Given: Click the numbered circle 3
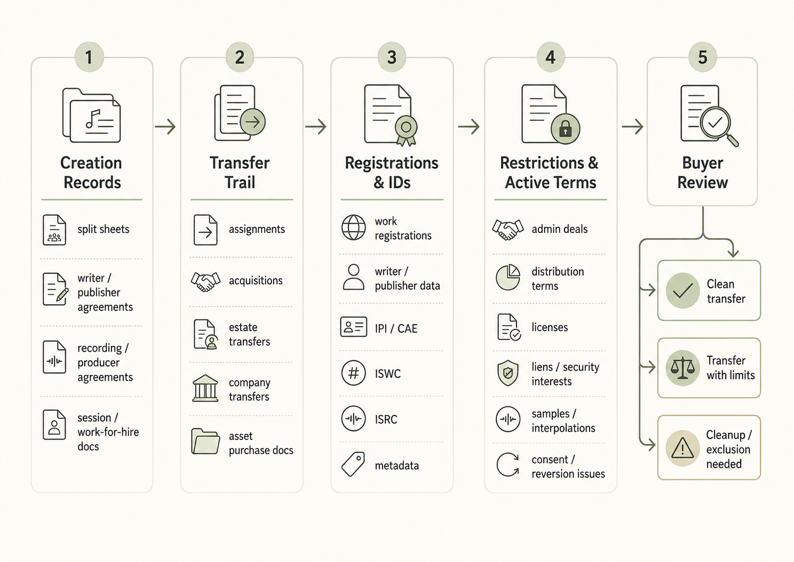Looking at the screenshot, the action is [392, 57].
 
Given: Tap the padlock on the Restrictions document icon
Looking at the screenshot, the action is [566, 129].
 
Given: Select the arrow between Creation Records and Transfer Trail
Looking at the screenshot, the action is [165, 127].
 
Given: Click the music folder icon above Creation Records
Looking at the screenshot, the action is [92, 115].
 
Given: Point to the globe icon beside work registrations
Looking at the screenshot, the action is [354, 227].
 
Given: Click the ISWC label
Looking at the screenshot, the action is [388, 374].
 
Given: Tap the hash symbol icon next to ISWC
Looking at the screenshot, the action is [354, 373].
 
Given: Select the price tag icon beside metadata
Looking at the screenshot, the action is [353, 464].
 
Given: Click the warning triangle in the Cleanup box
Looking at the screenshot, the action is [682, 448].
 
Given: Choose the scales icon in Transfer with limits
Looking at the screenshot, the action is [682, 368].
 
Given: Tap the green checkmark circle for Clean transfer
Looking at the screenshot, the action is [682, 290].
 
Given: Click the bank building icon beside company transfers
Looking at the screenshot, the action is [205, 388].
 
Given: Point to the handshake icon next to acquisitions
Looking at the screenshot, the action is [205, 281].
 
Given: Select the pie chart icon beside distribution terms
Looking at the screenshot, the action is [508, 277].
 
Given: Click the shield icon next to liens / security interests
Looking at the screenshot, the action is [508, 373].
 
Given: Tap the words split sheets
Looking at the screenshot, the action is [103, 229].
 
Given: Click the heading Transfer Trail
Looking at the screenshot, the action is [240, 173].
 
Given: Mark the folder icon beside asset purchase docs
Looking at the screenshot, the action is [205, 441].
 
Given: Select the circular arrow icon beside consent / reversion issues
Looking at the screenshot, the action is [508, 465].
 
